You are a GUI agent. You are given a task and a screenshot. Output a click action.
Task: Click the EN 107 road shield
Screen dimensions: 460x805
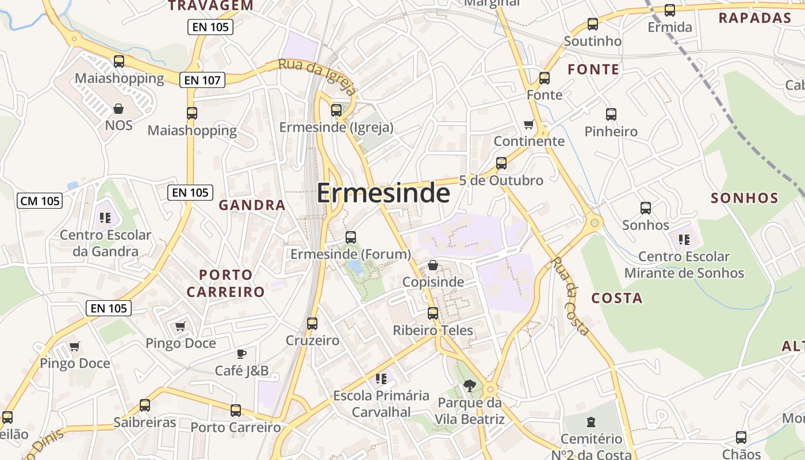pos(203,80)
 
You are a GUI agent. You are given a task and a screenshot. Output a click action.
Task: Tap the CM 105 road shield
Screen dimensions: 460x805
pos(40,201)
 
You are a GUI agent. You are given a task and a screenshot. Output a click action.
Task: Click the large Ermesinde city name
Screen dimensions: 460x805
pos(383,193)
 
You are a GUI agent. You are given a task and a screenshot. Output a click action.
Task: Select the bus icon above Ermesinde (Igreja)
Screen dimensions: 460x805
pos(336,110)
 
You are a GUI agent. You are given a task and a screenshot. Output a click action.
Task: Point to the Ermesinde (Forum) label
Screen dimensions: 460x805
pos(351,254)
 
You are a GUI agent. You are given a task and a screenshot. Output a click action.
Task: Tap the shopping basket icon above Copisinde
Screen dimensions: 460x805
pos(433,265)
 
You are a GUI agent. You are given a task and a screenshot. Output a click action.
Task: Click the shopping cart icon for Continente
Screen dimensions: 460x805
pos(529,124)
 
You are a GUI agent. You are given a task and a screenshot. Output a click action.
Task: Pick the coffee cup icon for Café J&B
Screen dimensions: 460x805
pos(241,354)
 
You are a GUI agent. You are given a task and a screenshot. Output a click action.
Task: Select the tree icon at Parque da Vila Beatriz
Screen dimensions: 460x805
pos(470,385)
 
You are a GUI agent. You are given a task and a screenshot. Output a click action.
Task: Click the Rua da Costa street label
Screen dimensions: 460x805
pos(570,296)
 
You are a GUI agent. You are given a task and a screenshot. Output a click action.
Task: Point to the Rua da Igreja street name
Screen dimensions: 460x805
pos(317,76)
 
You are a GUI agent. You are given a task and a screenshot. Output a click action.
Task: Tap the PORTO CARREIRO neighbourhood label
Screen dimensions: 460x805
pos(226,283)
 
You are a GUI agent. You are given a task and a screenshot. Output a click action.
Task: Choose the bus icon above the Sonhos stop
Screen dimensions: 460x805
pos(646,208)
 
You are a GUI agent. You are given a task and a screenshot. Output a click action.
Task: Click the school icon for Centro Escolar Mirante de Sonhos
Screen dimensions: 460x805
pos(684,239)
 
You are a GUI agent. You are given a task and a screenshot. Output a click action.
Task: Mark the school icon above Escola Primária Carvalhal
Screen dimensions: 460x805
pos(381,379)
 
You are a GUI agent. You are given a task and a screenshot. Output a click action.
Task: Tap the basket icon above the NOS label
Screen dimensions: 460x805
pos(118,109)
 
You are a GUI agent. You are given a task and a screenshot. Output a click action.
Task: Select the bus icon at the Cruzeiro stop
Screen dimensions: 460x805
pos(312,324)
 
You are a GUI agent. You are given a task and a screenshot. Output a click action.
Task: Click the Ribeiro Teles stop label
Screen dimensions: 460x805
pos(433,331)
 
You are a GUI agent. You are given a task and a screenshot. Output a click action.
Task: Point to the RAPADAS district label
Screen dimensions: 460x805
pos(755,18)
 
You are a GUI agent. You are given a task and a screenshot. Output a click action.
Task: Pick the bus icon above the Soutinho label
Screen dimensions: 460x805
pos(593,24)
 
